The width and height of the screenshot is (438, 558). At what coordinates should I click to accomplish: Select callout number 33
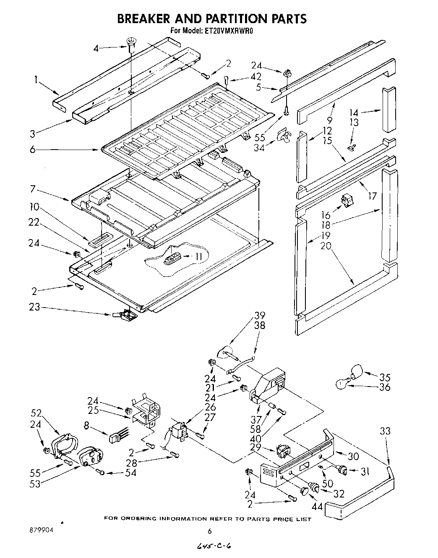click(x=385, y=431)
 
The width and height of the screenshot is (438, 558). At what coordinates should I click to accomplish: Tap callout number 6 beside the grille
click(x=33, y=149)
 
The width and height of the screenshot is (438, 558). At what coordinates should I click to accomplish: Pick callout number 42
click(x=255, y=76)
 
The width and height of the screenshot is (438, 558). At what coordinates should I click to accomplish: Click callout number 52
click(x=37, y=413)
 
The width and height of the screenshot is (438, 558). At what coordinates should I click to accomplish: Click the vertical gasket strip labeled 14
click(x=388, y=109)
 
